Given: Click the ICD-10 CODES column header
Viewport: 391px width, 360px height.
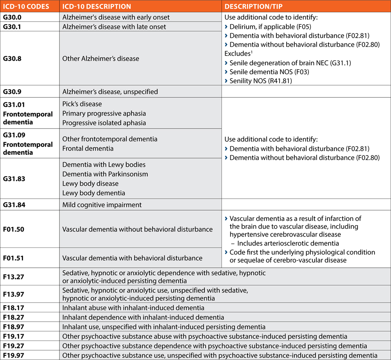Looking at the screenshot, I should click(x=27, y=7).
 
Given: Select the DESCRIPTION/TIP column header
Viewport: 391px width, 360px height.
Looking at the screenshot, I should click(x=258, y=7).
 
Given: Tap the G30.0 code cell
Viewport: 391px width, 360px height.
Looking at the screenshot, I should click(x=13, y=17).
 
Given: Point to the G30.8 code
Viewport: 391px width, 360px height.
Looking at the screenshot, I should click(x=13, y=59).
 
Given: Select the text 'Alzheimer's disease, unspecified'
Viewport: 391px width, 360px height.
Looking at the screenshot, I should click(x=110, y=92).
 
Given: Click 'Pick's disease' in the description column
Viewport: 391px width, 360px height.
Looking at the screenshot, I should click(x=82, y=104).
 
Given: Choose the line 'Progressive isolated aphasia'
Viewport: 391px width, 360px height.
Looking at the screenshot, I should click(x=104, y=123).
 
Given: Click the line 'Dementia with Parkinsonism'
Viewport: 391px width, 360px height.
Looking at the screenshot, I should click(x=105, y=174).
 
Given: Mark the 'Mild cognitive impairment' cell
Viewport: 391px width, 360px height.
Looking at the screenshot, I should click(x=102, y=205).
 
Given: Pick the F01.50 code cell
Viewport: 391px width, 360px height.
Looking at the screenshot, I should click(x=13, y=229).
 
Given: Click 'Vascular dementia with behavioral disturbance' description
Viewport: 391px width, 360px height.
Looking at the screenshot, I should click(x=132, y=258).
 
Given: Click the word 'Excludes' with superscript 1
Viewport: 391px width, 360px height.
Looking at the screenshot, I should click(x=237, y=54).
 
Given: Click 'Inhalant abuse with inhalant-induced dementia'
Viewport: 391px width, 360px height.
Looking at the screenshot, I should click(x=133, y=308).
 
